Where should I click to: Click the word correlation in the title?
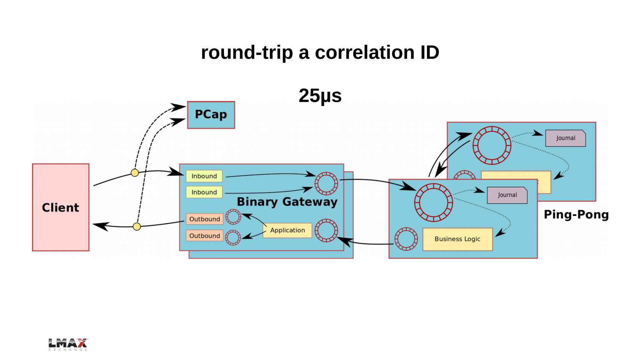[364, 53]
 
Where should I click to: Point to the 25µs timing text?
[320, 96]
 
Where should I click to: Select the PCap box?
[211, 115]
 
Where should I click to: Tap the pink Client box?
[61, 207]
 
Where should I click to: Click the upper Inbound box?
[204, 176]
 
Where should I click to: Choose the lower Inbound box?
[204, 192]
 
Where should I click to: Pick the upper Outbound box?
[205, 219]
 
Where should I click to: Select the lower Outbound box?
[205, 236]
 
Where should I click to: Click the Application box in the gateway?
[287, 230]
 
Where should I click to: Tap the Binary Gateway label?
[287, 202]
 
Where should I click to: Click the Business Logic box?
[457, 239]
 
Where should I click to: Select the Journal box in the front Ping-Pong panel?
[507, 195]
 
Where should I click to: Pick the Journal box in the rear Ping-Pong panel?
[565, 138]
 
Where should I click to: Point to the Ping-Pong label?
[576, 215]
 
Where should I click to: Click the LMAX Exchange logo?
[68, 344]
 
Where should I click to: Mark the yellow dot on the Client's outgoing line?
[135, 173]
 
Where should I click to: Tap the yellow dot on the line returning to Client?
[137, 227]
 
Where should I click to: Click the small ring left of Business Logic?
[406, 239]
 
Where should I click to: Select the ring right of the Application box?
[326, 230]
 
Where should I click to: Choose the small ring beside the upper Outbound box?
[233, 217]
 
